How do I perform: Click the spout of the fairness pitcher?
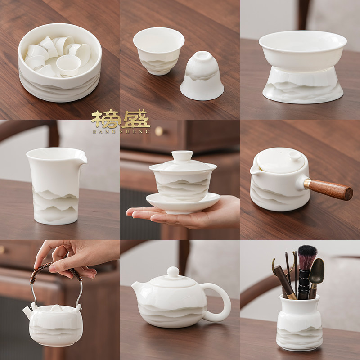[x=81, y=158]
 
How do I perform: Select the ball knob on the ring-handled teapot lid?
[x=173, y=271]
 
